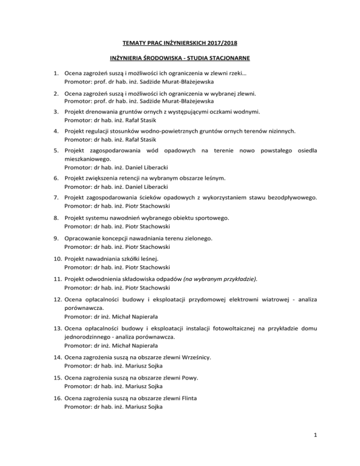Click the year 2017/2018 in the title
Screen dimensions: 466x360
click(220, 44)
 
